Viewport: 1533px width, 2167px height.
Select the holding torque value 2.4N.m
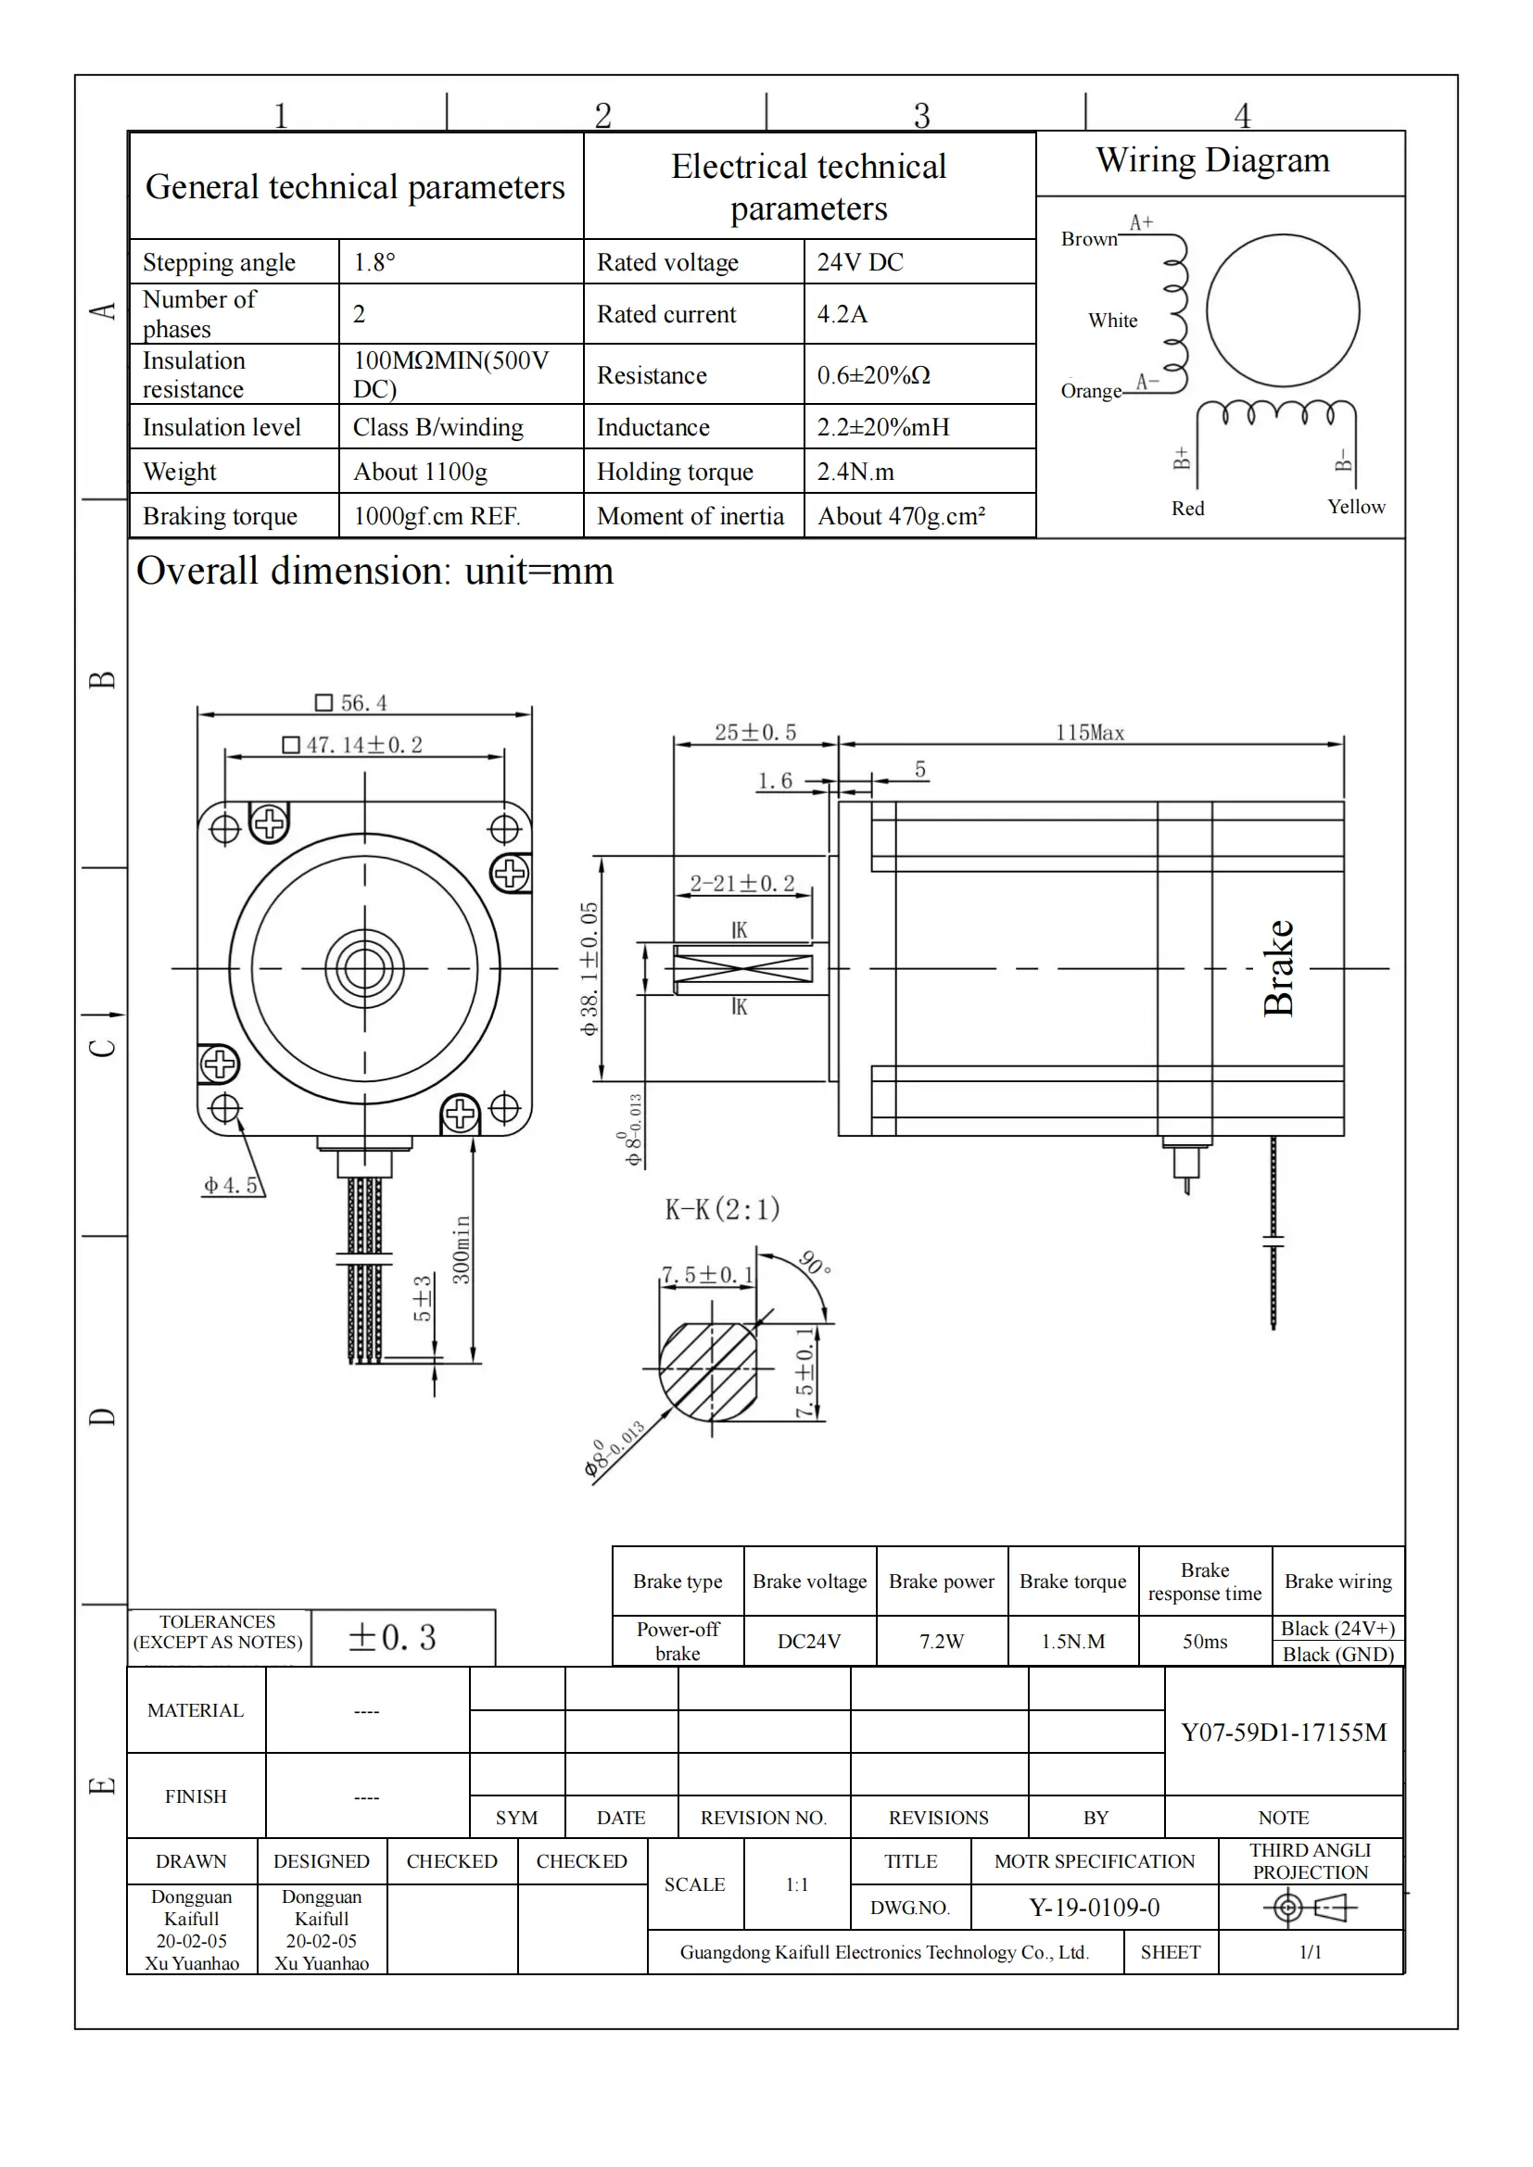tap(855, 471)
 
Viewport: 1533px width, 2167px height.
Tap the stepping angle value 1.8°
tap(374, 262)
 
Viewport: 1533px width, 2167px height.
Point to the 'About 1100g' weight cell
tap(420, 471)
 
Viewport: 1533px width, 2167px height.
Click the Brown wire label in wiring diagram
tap(1088, 239)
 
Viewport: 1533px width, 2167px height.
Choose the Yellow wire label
tap(1356, 507)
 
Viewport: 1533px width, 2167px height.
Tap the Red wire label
tap(1187, 509)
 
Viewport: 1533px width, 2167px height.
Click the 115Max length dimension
tap(1089, 733)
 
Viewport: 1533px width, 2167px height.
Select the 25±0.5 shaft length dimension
tap(755, 733)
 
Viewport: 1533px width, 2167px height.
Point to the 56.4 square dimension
tap(352, 703)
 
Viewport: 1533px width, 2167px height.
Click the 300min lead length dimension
tap(461, 1250)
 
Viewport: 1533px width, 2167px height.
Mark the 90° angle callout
tap(814, 1262)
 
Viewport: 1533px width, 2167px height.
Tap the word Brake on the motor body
tap(1278, 967)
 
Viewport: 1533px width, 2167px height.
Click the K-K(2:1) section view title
tap(722, 1209)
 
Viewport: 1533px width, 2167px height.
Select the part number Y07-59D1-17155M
tap(1284, 1732)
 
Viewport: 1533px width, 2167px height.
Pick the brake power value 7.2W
tap(941, 1642)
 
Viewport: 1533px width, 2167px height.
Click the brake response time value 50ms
tap(1205, 1642)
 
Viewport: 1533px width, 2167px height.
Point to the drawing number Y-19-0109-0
tap(1094, 1908)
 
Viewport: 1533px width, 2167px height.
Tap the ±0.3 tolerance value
tap(393, 1637)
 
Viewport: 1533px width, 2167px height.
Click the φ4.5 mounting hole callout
tap(232, 1186)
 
